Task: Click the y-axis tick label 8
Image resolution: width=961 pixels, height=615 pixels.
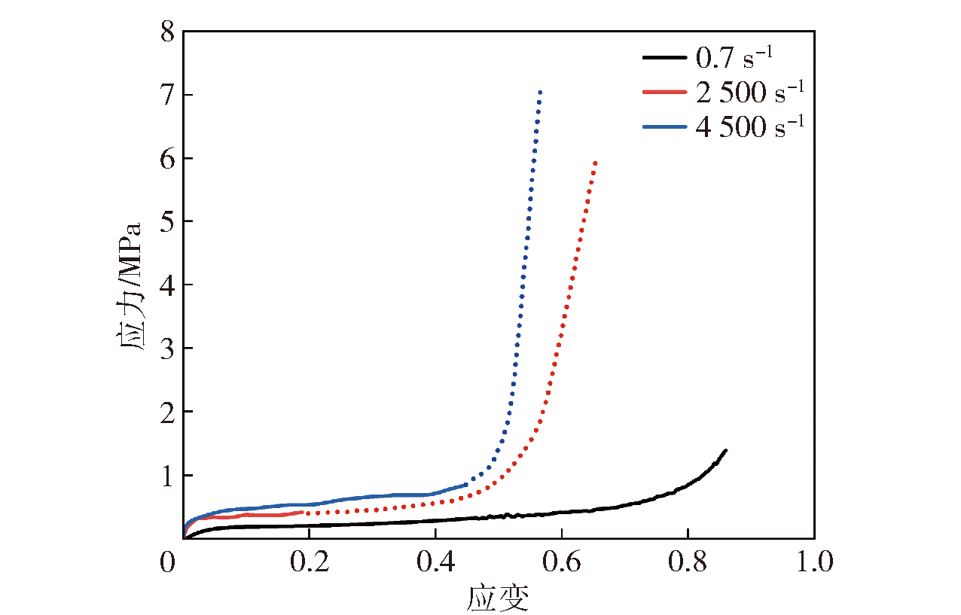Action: point(167,32)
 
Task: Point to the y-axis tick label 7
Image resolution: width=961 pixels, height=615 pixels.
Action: point(167,96)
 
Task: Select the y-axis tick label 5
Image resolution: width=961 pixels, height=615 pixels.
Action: point(167,222)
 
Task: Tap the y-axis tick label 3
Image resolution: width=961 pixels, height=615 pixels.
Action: point(167,349)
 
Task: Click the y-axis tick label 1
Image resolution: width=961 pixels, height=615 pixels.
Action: point(167,475)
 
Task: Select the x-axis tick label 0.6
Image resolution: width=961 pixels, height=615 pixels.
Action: point(562,562)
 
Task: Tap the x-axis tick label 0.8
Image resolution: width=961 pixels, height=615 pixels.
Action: point(688,562)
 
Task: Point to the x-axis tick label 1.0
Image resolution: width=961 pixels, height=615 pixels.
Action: point(814,562)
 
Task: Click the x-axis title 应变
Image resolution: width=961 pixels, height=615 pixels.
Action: point(498,598)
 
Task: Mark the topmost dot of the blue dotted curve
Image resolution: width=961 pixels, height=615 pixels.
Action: point(540,93)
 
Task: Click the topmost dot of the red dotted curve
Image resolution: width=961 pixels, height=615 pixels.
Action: point(596,163)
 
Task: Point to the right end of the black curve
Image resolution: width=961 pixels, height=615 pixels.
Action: point(725,450)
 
